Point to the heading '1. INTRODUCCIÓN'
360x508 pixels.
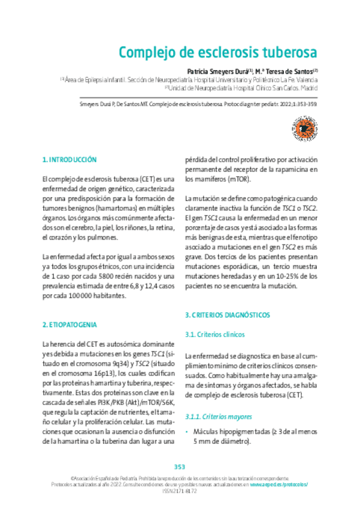69,160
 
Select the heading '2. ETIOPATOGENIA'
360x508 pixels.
69,324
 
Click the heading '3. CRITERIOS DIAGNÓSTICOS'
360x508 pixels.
227,314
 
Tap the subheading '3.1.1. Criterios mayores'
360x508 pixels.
218,416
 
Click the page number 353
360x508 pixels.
180,467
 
